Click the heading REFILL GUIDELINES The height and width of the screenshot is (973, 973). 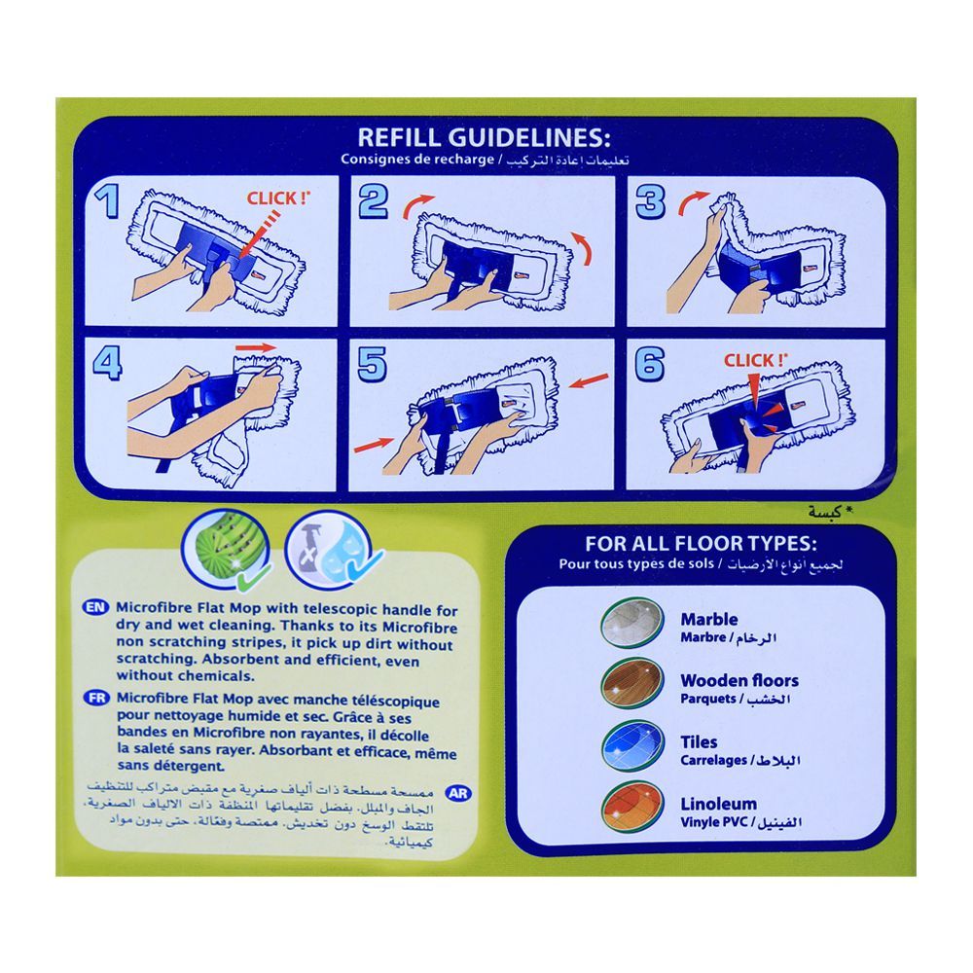coord(484,135)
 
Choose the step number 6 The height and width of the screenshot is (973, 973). coord(650,365)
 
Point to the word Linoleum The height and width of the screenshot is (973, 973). coord(718,805)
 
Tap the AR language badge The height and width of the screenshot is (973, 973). coord(459,792)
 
